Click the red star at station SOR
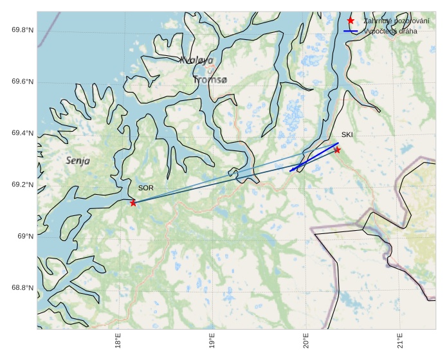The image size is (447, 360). (x=133, y=203)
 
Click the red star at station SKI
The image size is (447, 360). (x=337, y=150)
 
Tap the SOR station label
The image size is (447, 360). (x=146, y=188)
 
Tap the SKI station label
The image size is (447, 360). (x=347, y=135)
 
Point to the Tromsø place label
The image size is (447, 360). (x=210, y=80)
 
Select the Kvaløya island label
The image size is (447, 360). (x=196, y=60)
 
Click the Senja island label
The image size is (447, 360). (x=78, y=160)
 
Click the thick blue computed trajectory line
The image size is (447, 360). (x=315, y=156)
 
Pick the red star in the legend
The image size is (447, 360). (x=351, y=21)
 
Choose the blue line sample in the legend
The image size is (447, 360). (x=351, y=31)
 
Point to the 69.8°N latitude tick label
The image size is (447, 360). (x=23, y=31)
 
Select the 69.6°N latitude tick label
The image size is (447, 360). (x=23, y=82)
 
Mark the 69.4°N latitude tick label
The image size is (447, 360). (x=23, y=134)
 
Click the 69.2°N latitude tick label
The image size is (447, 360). (x=23, y=185)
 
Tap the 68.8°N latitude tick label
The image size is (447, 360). (x=23, y=288)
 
